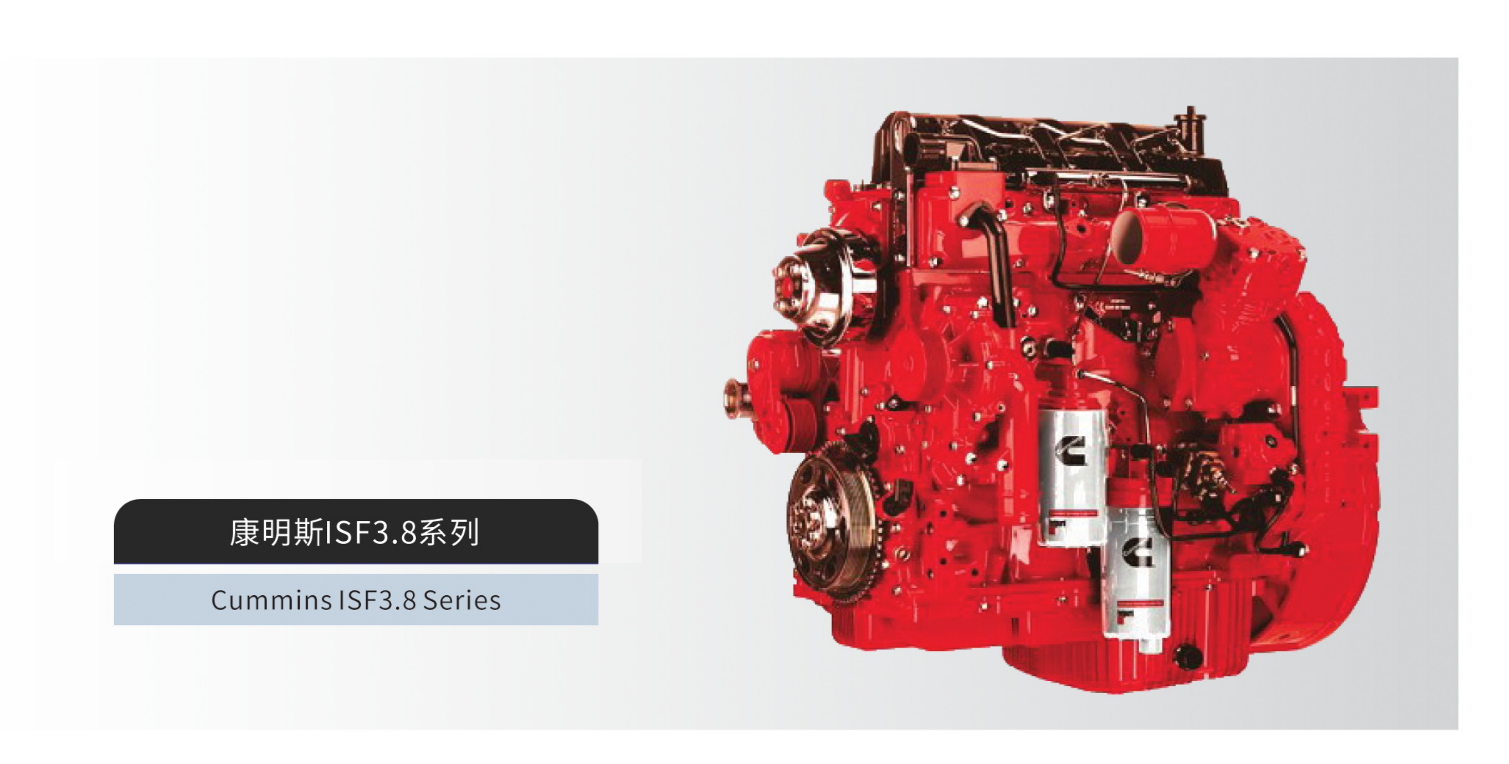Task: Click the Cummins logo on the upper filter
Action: pyautogui.click(x=1071, y=449)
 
